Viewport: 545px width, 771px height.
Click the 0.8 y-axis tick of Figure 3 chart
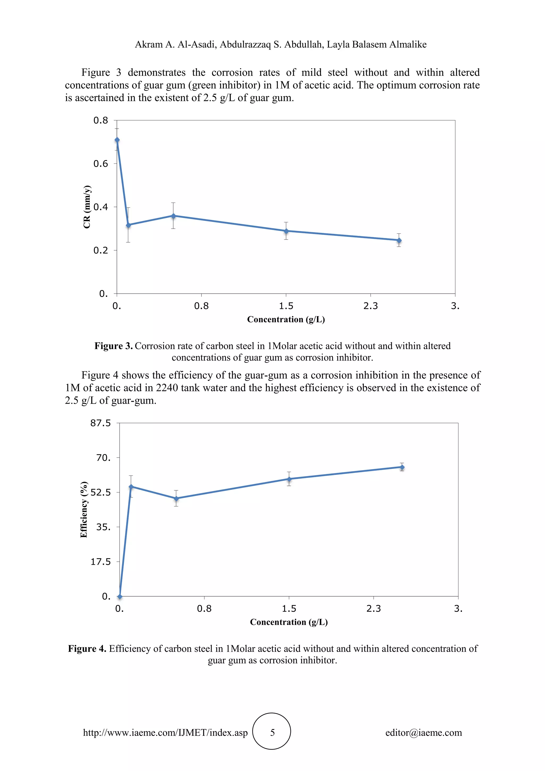coord(101,121)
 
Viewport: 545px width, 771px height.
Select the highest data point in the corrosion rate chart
coord(117,140)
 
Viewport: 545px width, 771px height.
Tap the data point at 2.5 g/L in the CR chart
coord(399,240)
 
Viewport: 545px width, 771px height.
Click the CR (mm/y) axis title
coord(87,207)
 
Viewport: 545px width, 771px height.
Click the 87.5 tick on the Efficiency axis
coord(100,423)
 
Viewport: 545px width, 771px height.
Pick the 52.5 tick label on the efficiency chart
coord(100,493)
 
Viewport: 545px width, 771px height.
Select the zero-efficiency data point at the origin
coord(120,597)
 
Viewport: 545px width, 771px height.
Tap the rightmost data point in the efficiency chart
coord(402,467)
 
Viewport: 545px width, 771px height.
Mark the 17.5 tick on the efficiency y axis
coord(100,562)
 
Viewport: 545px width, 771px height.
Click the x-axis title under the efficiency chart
coord(289,622)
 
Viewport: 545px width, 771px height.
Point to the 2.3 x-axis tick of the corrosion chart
coord(370,306)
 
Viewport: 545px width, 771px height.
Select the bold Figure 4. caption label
coord(87,649)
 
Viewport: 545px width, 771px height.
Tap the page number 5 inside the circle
coord(272,732)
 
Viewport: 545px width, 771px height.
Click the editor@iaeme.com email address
coord(423,732)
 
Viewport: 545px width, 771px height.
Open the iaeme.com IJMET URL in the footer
coord(166,732)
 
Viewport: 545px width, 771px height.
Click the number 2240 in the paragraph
coord(165,388)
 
